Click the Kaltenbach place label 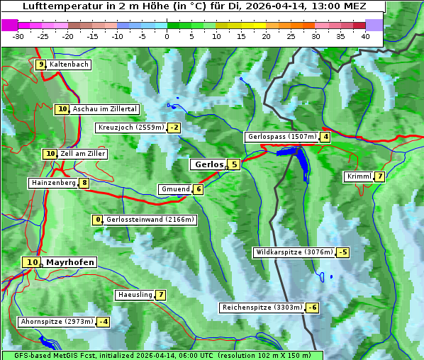coord(69,64)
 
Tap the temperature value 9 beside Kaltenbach coord(41,64)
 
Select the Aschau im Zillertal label coord(105,109)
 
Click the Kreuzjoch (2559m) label coord(130,128)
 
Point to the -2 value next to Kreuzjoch coord(174,128)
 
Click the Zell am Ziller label coord(83,154)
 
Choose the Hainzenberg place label coord(52,183)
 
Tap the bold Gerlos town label coord(208,164)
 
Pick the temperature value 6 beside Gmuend coord(199,189)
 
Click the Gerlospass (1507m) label coord(281,137)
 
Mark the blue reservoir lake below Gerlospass coord(300,159)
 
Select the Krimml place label coord(359,176)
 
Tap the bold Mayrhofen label coord(69,262)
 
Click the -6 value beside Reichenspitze coord(312,308)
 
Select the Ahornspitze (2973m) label coord(57,322)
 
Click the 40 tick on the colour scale coord(365,36)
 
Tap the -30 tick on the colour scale coord(18,36)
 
